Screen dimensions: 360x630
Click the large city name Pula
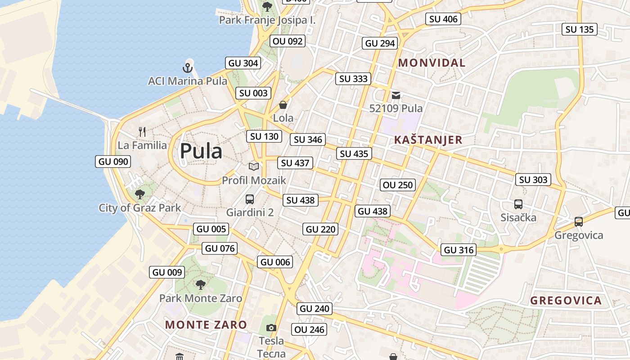pos(201,151)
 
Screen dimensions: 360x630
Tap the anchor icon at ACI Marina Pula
pos(188,68)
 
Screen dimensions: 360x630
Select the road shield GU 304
pos(243,63)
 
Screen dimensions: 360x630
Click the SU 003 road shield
pos(253,93)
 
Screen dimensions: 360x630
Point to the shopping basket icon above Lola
pos(283,105)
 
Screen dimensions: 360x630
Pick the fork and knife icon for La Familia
pos(142,131)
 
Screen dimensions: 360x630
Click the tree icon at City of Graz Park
pos(139,194)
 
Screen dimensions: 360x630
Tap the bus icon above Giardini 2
pos(250,199)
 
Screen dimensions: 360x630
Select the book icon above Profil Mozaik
pos(254,166)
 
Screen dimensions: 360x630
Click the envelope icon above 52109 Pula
pos(396,95)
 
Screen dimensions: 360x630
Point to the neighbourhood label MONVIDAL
pos(432,63)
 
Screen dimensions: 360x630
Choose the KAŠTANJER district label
pos(428,140)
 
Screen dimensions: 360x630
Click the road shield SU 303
pos(533,180)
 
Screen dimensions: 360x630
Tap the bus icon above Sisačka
pos(518,204)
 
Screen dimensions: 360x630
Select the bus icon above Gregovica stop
pos(579,222)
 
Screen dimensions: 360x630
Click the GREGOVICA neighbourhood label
pos(566,301)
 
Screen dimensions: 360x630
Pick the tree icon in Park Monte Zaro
pos(201,284)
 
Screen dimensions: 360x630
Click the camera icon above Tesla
pos(271,328)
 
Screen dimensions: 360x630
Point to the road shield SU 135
pos(580,29)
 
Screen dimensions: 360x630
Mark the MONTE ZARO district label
pos(206,324)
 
